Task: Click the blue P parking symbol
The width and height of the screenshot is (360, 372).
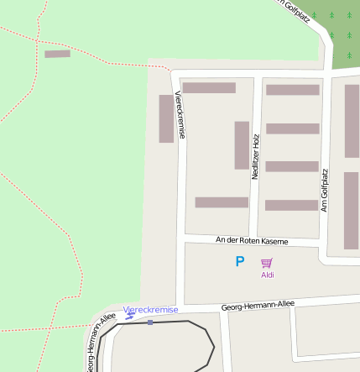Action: (239, 262)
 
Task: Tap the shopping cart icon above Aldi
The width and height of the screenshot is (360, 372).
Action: (267, 263)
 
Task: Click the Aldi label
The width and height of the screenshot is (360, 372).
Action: (268, 275)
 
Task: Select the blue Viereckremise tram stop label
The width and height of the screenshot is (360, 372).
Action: (151, 310)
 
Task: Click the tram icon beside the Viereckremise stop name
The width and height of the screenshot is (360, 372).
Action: (130, 316)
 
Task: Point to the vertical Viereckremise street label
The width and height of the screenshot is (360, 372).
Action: (180, 115)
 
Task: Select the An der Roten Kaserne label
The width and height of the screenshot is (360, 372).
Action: (252, 241)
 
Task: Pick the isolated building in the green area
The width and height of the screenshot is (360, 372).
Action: (57, 54)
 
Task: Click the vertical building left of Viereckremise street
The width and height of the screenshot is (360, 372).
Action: (166, 118)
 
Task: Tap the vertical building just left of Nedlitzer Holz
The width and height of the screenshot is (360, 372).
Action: (242, 145)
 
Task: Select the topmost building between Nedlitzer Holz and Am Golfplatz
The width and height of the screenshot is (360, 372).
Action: (293, 90)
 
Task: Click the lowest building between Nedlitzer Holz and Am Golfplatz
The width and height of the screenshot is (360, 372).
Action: (292, 205)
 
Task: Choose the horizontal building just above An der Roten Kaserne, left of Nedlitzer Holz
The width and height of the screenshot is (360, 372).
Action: (222, 202)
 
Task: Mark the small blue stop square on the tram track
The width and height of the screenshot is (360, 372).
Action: (149, 322)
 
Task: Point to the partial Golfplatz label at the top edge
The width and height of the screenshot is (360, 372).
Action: (298, 8)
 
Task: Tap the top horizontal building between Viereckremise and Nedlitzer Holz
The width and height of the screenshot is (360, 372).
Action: (209, 87)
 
